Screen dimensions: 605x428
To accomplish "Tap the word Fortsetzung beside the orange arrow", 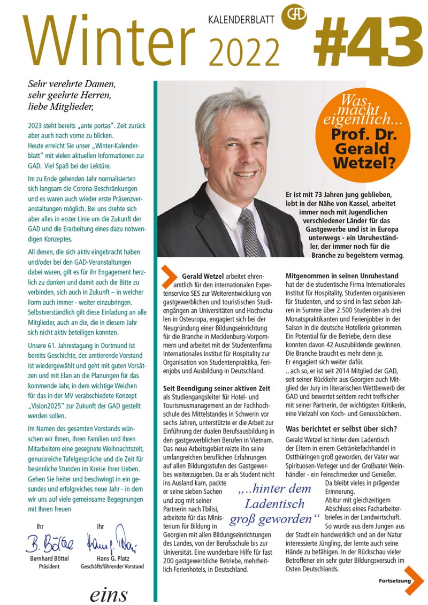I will coord(395,580).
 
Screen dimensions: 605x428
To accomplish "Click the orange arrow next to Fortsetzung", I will coord(415,580).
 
